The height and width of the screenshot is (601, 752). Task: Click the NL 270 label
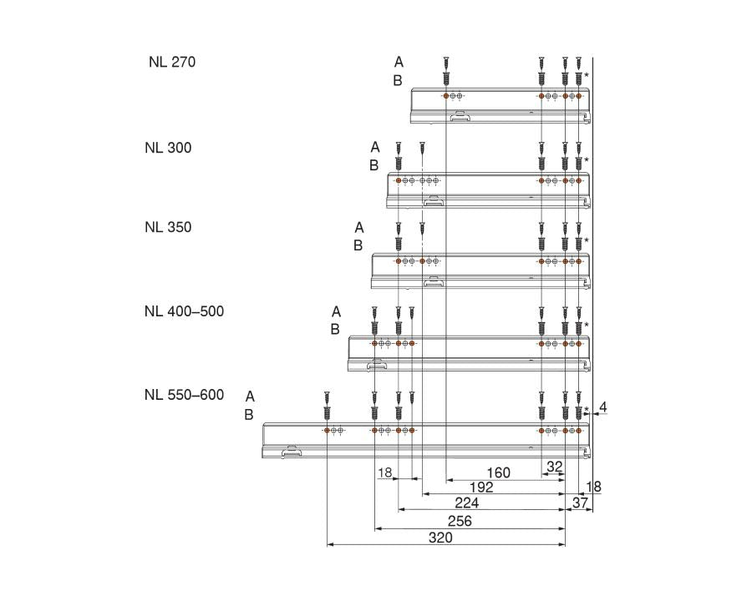[x=172, y=62]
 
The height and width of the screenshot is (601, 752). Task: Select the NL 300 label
[x=167, y=148]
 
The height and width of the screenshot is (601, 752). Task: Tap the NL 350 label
[x=167, y=227]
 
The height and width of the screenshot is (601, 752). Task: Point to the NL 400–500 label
[x=184, y=311]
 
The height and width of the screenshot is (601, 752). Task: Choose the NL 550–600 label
[x=184, y=395]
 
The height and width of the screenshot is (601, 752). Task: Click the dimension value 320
[x=440, y=538]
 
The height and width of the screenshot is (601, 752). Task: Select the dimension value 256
[x=460, y=521]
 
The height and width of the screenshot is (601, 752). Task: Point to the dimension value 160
[x=498, y=473]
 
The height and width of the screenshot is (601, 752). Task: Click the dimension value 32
[x=554, y=467]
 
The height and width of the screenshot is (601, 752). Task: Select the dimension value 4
[x=603, y=407]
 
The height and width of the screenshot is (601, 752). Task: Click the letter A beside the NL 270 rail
[x=399, y=62]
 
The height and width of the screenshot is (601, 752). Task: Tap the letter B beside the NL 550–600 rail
[x=249, y=415]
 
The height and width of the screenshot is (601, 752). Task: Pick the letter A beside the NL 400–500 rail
[x=336, y=311]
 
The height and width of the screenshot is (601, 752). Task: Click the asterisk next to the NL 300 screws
[x=587, y=159]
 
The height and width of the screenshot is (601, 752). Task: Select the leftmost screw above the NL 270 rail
[x=446, y=70]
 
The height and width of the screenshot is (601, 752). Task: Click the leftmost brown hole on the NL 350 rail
[x=399, y=261]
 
